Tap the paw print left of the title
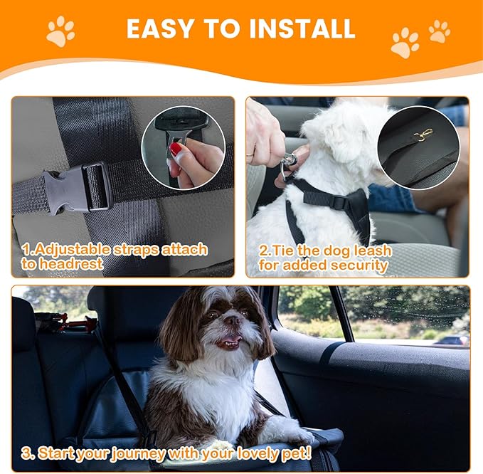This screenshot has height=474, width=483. click(x=60, y=31)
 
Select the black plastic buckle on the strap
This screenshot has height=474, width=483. click(x=78, y=186)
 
